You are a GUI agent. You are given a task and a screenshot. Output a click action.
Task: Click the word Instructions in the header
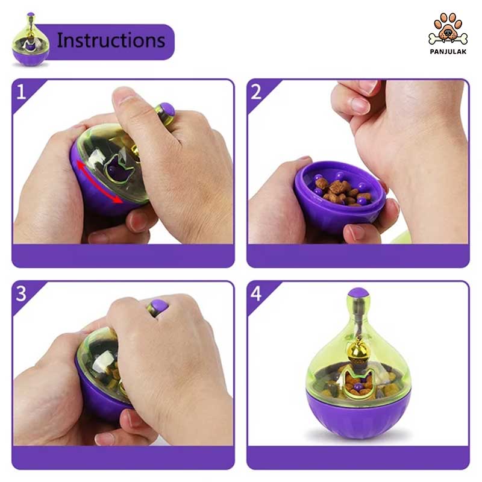click(111, 40)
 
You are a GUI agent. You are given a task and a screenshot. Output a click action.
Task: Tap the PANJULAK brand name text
click(448, 52)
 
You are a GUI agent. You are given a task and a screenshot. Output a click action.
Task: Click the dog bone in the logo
click(448, 39)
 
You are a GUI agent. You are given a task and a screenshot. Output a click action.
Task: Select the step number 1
click(21, 92)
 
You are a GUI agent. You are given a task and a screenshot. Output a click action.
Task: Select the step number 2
click(256, 92)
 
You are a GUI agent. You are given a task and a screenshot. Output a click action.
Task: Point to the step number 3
click(21, 293)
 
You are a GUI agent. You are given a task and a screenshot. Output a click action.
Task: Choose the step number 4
click(256, 293)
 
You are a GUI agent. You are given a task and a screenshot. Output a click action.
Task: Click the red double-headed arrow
click(99, 183)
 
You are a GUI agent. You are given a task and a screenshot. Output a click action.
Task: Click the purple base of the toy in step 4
click(358, 414)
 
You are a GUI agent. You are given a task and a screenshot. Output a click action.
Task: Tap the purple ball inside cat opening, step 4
click(357, 387)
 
